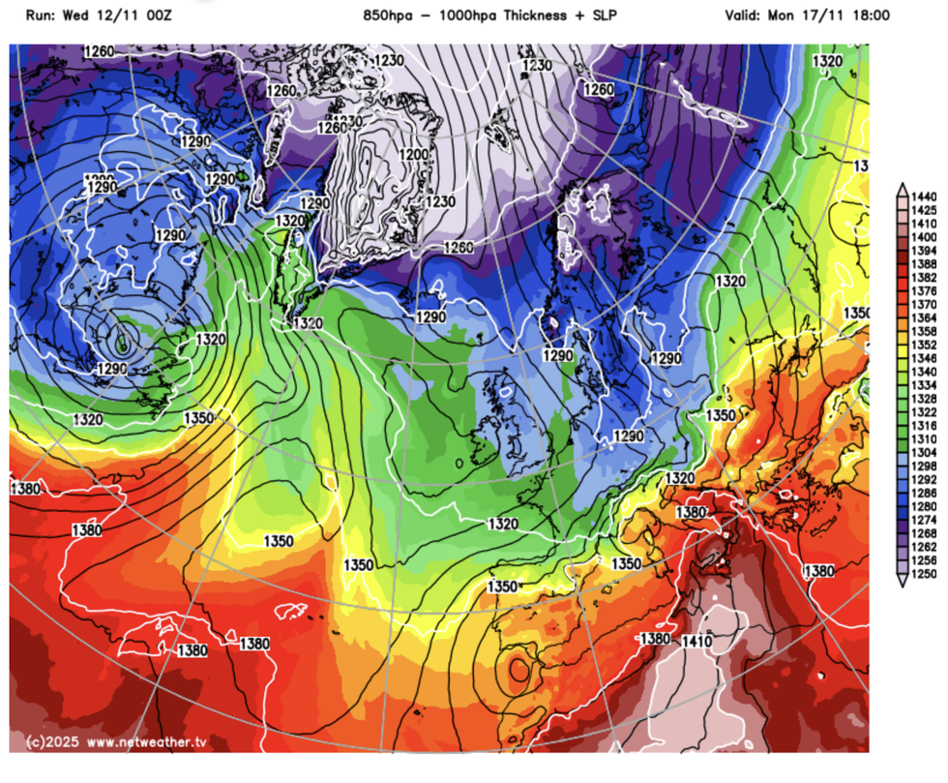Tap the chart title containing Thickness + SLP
tap(471, 15)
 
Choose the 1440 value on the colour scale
tap(924, 196)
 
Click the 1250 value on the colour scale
tap(924, 574)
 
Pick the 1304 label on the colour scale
tap(924, 452)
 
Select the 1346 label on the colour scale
tap(924, 357)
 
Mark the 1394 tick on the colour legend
tap(924, 250)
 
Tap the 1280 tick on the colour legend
tap(924, 506)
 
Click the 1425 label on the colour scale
tap(924, 209)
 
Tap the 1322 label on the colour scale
tap(924, 411)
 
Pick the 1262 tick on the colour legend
tap(924, 547)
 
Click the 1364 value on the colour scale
tap(924, 317)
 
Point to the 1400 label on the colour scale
tap(924, 236)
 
